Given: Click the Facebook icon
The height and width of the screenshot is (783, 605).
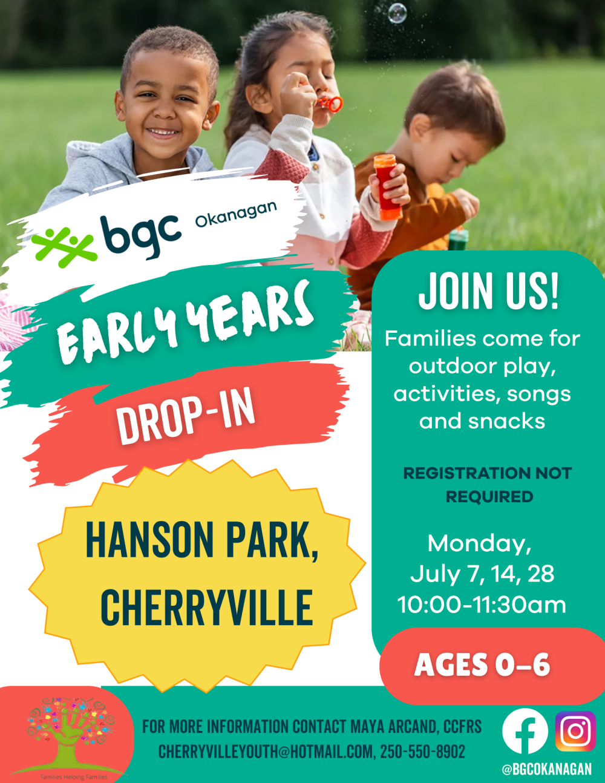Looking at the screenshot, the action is (x=525, y=731).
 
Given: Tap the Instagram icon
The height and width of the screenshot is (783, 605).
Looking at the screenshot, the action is (x=575, y=731).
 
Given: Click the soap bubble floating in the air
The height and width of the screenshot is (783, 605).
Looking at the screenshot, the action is (x=397, y=13).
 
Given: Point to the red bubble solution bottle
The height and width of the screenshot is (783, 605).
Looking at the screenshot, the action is (x=387, y=187).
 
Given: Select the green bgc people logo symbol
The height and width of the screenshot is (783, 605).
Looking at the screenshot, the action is (x=64, y=246).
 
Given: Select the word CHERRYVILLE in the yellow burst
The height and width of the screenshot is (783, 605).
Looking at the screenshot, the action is (x=207, y=607).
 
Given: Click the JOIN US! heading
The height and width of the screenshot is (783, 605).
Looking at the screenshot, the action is (x=488, y=290).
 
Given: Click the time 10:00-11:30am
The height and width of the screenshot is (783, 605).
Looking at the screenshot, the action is (x=482, y=604).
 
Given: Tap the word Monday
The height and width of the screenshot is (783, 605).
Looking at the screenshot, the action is (x=479, y=544).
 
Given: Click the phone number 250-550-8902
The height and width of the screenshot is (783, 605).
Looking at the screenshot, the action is (x=422, y=752).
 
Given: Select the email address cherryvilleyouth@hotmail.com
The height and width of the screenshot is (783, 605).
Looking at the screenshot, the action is (x=267, y=752).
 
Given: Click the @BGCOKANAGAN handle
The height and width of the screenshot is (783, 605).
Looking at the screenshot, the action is (x=547, y=769).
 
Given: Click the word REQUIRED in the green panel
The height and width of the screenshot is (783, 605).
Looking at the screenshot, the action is (x=489, y=497).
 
